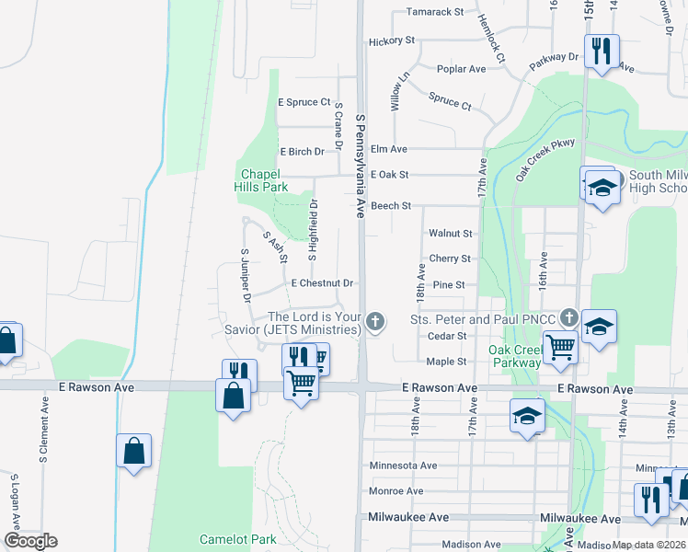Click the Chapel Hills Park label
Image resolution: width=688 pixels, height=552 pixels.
coord(265,179)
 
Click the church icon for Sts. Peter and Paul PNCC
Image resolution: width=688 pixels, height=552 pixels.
coord(569,318)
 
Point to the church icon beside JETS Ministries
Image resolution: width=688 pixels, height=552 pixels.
coord(374,321)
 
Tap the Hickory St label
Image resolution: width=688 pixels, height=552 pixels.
coord(392,41)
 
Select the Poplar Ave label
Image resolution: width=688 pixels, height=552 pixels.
coord(462,69)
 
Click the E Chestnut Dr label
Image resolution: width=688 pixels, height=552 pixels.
coord(322,283)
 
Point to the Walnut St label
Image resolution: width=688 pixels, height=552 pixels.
coord(450,234)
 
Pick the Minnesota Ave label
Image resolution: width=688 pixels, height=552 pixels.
coord(403,466)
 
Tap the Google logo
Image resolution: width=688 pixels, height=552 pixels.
coord(30,541)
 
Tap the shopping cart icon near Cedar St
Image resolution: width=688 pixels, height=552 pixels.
coord(560,348)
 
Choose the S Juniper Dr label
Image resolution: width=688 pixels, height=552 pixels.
coord(246,275)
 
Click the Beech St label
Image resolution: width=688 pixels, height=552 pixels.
coord(390,206)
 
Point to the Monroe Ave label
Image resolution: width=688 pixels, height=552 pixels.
coord(396,491)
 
